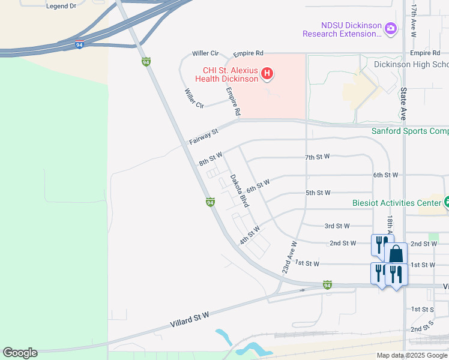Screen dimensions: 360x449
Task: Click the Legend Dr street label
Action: (x=61, y=5)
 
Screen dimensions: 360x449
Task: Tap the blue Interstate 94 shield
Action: (x=79, y=44)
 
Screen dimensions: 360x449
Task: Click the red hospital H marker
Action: (x=268, y=74)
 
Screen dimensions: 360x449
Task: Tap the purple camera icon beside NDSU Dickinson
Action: (x=391, y=28)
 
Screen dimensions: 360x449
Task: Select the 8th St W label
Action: (x=211, y=159)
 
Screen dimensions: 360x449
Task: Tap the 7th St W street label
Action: (x=317, y=157)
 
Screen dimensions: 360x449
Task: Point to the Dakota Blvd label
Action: (x=240, y=191)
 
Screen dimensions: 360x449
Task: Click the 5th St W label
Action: (x=318, y=193)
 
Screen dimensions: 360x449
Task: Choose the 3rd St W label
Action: (x=337, y=226)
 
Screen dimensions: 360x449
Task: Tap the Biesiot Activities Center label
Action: (x=396, y=203)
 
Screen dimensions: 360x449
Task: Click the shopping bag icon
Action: (x=396, y=254)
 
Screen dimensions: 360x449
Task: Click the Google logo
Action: (x=20, y=353)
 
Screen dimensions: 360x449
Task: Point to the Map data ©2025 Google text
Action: (x=411, y=355)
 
